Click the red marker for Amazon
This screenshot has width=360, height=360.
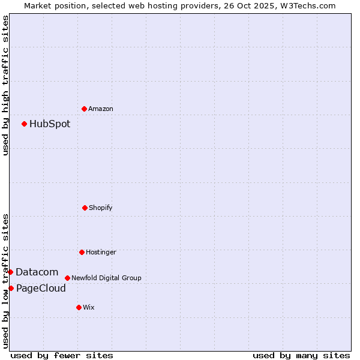pyautogui.click(x=85, y=109)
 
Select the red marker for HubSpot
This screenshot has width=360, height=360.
pyautogui.click(x=25, y=124)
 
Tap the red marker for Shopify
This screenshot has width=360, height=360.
pyautogui.click(x=85, y=208)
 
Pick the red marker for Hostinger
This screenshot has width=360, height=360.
pyautogui.click(x=82, y=252)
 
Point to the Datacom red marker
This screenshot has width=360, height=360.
pyautogui.click(x=10, y=272)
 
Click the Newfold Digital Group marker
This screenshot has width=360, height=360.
pyautogui.click(x=68, y=278)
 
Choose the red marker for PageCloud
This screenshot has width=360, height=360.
pyautogui.click(x=11, y=289)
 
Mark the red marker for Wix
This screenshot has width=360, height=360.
pyautogui.click(x=79, y=307)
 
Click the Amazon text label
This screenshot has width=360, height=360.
pyautogui.click(x=101, y=109)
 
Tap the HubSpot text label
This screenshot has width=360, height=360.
pyautogui.click(x=50, y=124)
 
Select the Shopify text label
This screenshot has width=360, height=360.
pyautogui.click(x=101, y=208)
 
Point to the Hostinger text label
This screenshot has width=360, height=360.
pyautogui.click(x=101, y=253)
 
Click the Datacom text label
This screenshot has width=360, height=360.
pyautogui.click(x=37, y=272)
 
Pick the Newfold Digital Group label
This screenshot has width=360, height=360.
pyautogui.click(x=106, y=278)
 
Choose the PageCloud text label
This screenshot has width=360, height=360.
pyautogui.click(x=41, y=289)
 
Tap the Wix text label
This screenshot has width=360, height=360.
pyautogui.click(x=89, y=308)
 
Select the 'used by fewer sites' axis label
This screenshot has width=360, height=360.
pyautogui.click(x=62, y=355)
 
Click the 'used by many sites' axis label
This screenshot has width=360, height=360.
pyautogui.click(x=301, y=355)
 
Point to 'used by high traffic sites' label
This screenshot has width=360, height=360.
pyautogui.click(x=5, y=85)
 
